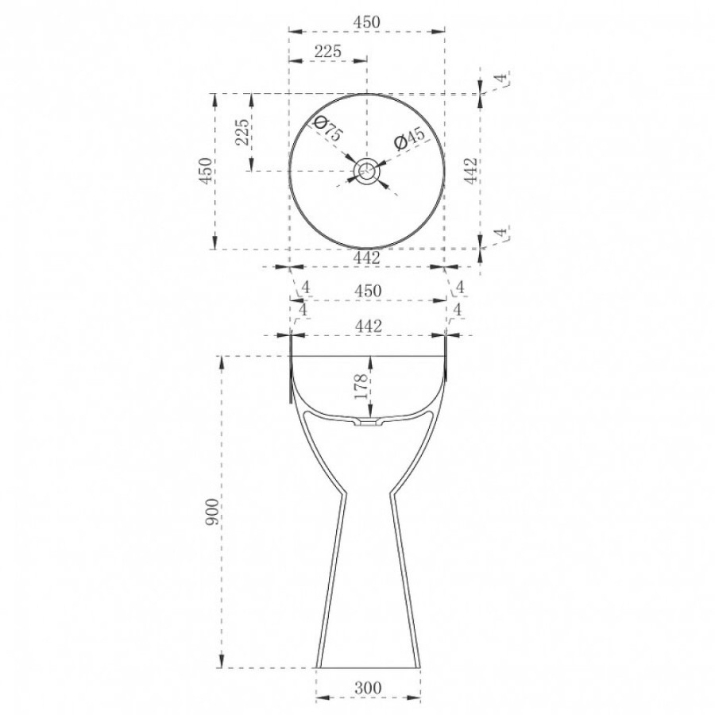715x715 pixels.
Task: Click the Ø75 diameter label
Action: [328, 129]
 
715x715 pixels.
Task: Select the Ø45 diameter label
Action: [409, 138]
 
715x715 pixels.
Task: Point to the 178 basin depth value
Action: [361, 386]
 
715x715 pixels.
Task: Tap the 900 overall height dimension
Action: [212, 512]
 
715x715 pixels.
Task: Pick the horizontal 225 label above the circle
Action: [328, 51]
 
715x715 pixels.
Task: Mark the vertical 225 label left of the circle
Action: [243, 132]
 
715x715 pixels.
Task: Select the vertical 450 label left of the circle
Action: [206, 171]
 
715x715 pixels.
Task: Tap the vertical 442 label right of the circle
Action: [470, 171]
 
